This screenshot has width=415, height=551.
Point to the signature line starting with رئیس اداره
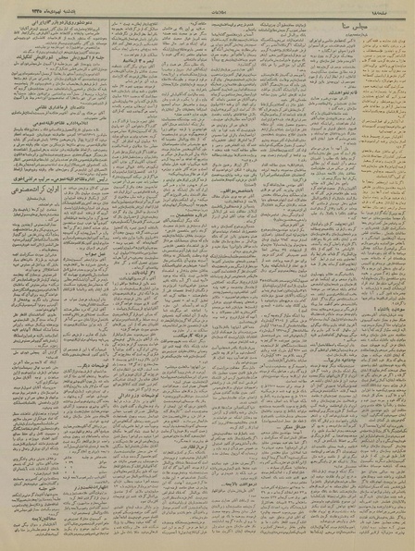click(37, 165)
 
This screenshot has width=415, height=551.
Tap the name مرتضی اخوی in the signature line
click(23, 165)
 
